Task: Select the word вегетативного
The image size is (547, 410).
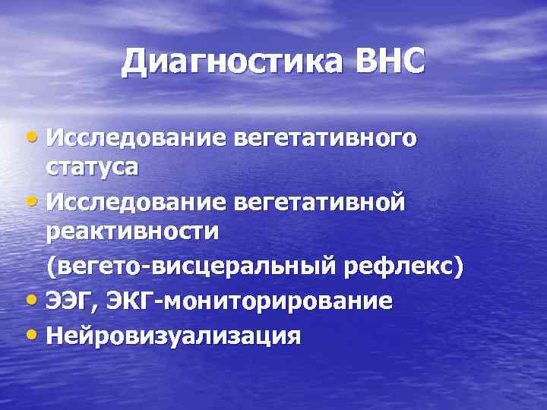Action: (x=326, y=139)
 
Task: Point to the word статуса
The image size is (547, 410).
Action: (x=92, y=167)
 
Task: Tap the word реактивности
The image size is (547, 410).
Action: (x=132, y=232)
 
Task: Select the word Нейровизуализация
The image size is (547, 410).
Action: (x=173, y=336)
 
